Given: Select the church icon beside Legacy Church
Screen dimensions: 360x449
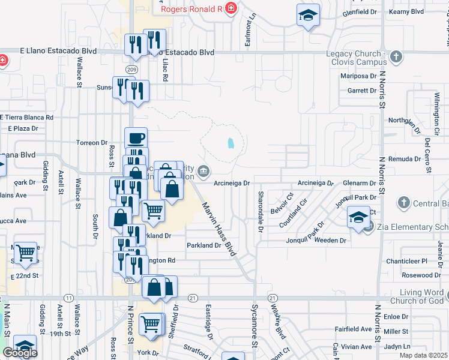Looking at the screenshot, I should [396, 57].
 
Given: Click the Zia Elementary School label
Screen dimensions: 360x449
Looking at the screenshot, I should [413, 227].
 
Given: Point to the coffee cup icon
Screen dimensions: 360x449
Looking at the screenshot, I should [136, 138].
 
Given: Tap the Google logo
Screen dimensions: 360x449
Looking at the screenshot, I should [20, 353].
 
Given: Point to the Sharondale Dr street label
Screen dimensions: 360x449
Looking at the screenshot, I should [261, 212].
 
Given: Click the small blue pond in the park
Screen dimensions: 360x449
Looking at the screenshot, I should [230, 144].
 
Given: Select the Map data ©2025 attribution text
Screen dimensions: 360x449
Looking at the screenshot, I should [424, 355].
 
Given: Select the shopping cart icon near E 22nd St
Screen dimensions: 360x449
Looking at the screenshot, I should [26, 254].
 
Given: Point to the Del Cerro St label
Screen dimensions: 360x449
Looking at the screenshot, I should [427, 155].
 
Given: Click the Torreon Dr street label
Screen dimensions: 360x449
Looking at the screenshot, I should [91, 143].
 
